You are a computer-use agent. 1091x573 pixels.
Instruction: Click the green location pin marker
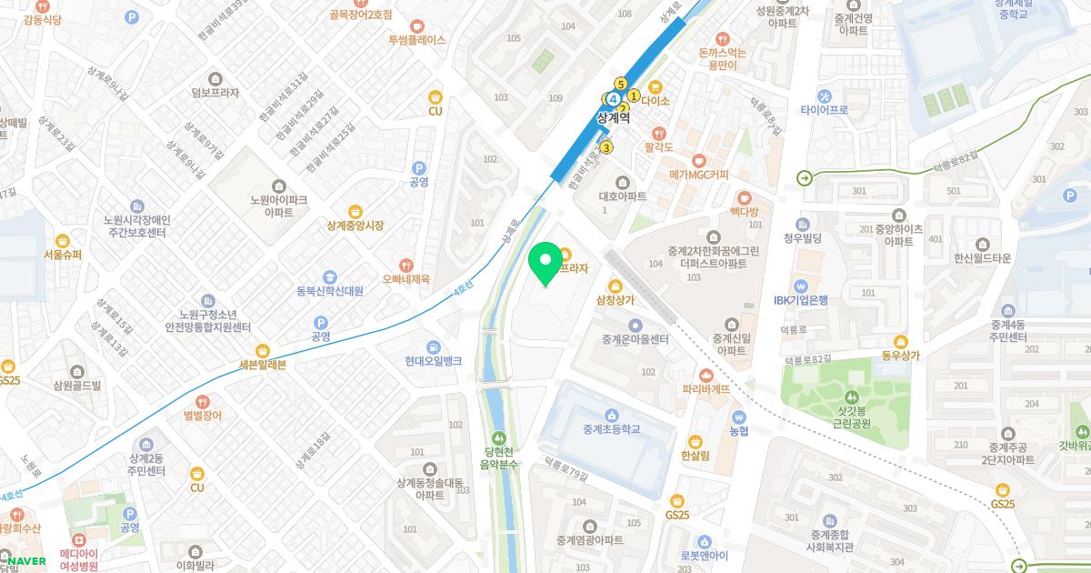[x=545, y=263]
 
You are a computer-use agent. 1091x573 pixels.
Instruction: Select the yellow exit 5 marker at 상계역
[x=620, y=84]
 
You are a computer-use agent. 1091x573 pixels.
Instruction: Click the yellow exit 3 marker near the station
[x=606, y=148]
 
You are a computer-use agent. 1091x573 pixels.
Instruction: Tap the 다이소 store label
[x=655, y=101]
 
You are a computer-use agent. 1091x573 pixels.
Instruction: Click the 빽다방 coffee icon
[x=744, y=196]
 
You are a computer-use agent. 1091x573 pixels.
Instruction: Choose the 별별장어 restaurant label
[x=202, y=415]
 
